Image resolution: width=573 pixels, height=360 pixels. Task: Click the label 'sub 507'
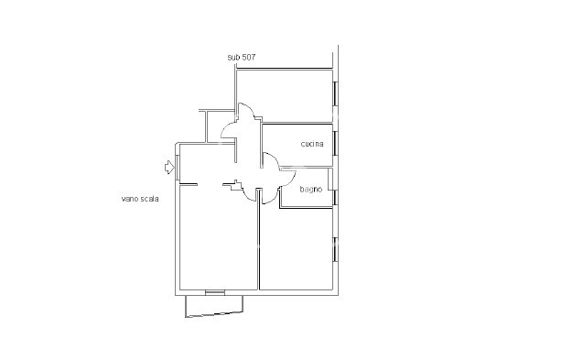(241, 57)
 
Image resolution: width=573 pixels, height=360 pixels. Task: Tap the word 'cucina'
(312, 144)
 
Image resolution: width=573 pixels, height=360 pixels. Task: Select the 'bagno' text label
(310, 189)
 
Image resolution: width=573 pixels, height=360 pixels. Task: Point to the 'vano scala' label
(140, 199)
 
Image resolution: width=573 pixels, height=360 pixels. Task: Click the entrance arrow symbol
(169, 167)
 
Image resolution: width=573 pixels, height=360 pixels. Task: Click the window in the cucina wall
(335, 143)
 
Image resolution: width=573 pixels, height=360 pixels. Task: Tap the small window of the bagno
(335, 198)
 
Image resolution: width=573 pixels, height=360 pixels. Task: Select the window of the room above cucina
(335, 93)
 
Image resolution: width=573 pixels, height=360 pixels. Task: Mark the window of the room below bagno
(335, 249)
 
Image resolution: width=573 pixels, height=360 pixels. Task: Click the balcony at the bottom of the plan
(214, 305)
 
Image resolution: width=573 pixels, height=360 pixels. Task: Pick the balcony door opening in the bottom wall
(215, 292)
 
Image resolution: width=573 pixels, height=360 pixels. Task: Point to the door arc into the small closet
(227, 128)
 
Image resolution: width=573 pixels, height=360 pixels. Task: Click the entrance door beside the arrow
(178, 168)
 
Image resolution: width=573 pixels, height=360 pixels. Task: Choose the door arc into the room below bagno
(271, 198)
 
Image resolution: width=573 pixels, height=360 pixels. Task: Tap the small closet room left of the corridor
(221, 126)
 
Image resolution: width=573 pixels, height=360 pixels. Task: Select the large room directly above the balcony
(219, 237)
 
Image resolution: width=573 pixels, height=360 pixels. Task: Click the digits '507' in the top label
(248, 57)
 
